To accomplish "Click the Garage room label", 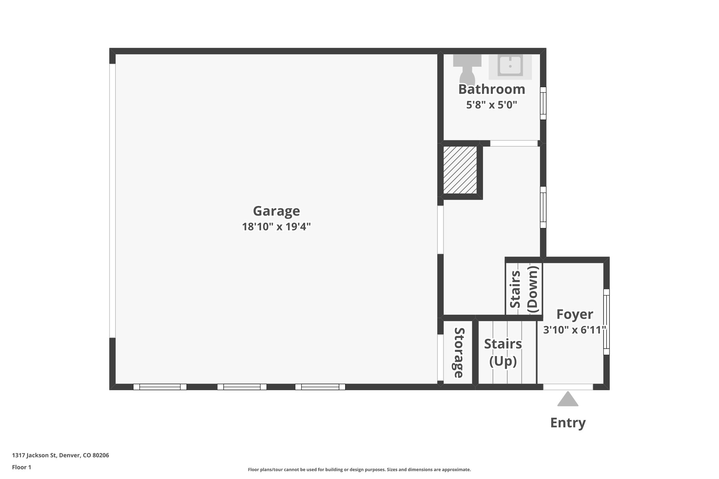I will coord(276,211).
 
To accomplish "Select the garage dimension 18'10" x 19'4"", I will coord(276,227).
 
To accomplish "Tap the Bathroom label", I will coord(492,89).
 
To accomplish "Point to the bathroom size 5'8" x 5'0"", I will coord(492,105).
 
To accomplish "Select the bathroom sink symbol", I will coord(510,66).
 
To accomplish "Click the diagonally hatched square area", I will coord(460,170).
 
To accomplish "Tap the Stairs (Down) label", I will coord(523,289).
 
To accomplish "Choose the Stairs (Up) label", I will coord(503,352).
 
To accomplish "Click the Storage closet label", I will coord(459,352).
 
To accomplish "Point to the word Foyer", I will coord(575,314).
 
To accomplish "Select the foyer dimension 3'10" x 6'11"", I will coord(575,330).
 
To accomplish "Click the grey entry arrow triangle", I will coord(568,400).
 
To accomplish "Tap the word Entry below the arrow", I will coord(568,423).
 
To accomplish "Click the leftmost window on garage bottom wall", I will coord(160,387).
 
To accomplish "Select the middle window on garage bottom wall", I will coord(242,387).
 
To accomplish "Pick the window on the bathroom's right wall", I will coord(543,103).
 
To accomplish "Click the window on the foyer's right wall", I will coord(606,322).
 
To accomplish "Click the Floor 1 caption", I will coord(21,467).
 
